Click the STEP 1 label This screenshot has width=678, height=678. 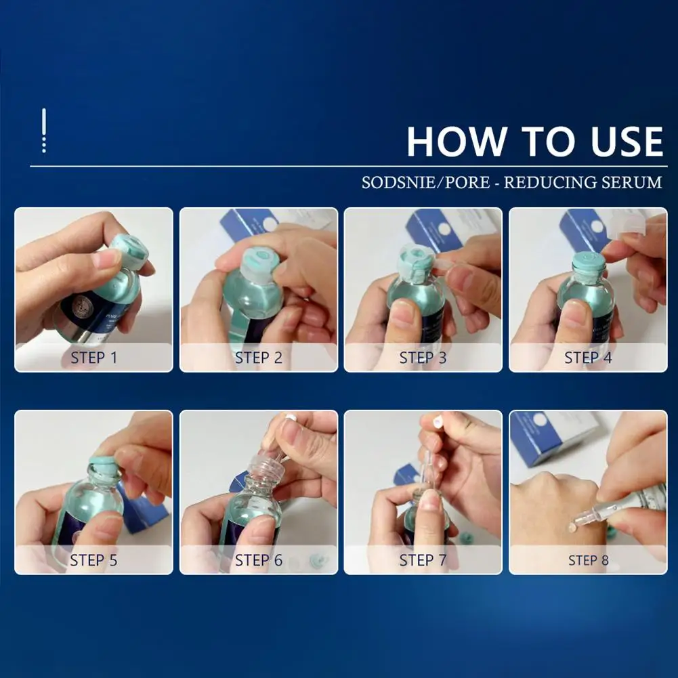pyautogui.click(x=94, y=358)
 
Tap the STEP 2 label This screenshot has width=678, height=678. pyautogui.click(x=259, y=358)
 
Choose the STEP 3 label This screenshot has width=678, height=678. pyautogui.click(x=423, y=358)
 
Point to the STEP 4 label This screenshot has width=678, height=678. pyautogui.click(x=588, y=358)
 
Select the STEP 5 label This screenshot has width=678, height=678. pyautogui.click(x=94, y=560)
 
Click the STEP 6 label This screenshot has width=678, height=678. pyautogui.click(x=259, y=560)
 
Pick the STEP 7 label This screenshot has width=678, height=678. pyautogui.click(x=423, y=560)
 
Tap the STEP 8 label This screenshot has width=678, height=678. pyautogui.click(x=589, y=560)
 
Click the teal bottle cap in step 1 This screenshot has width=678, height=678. pyautogui.click(x=128, y=255)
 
